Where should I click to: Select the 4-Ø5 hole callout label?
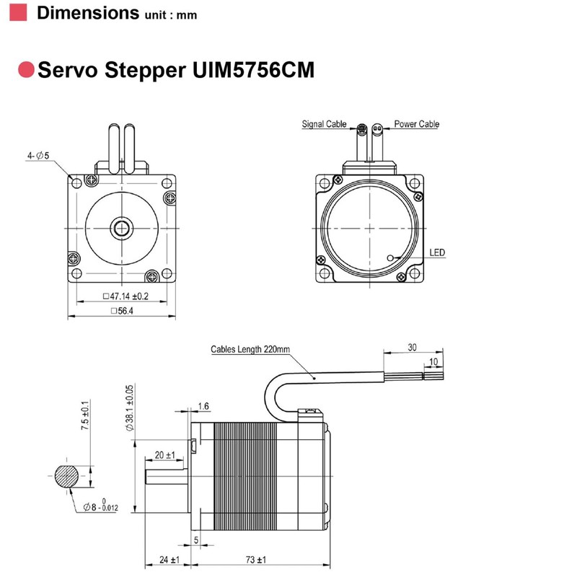38,155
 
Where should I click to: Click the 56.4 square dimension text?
123,311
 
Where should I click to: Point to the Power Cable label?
416,124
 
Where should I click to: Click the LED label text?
438,252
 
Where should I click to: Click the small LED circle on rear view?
390,257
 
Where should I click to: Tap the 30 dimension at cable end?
412,347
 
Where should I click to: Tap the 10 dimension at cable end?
433,361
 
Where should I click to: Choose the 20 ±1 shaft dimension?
164,455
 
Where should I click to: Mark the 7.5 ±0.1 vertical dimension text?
85,416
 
